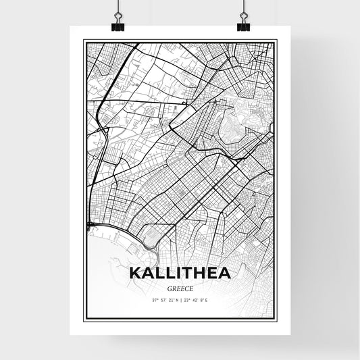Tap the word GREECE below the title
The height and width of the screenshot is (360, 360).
(180, 286)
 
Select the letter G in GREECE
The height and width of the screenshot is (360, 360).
(168, 286)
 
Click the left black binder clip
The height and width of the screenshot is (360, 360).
(117, 24)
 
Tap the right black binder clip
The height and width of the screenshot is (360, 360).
(243, 24)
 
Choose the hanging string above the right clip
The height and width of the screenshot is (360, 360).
(242, 7)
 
